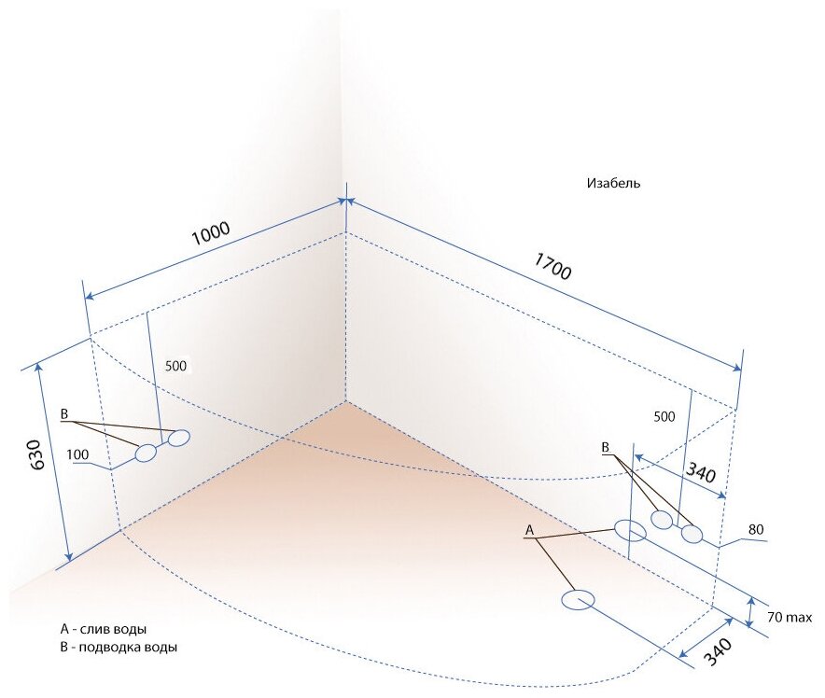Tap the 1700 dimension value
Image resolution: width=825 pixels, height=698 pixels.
pyautogui.click(x=553, y=266)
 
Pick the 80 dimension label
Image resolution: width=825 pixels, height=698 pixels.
pyautogui.click(x=755, y=530)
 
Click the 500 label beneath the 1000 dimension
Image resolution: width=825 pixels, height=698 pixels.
pyautogui.click(x=175, y=367)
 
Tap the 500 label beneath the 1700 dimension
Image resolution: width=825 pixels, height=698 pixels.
pyautogui.click(x=664, y=416)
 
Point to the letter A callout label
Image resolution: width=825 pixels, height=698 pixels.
pyautogui.click(x=529, y=530)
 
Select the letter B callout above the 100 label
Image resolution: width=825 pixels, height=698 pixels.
pyautogui.click(x=64, y=413)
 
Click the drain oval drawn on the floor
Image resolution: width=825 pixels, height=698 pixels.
pyautogui.click(x=580, y=599)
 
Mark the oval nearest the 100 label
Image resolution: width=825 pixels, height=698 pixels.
pyautogui.click(x=147, y=454)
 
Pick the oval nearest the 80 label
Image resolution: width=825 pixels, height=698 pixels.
pyautogui.click(x=691, y=534)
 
